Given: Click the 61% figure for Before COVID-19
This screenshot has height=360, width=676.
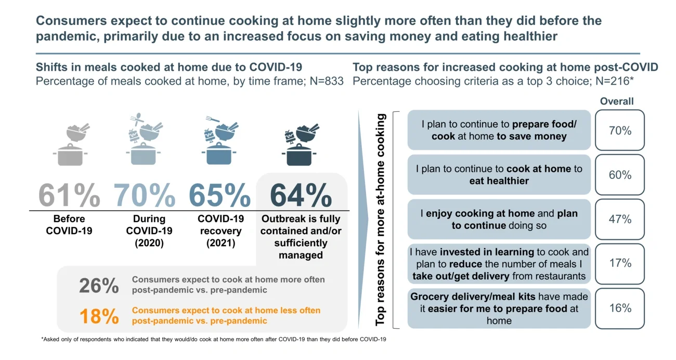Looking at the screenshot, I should coord(69,195).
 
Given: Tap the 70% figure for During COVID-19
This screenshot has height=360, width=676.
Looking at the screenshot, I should coord(145,195).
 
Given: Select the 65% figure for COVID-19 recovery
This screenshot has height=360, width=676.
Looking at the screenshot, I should coord(219,195).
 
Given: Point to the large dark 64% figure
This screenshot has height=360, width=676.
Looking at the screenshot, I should coord(301,195).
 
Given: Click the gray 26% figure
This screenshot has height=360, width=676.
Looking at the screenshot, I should coord(99,286).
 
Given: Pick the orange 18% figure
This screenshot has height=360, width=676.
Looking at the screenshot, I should coord(99,316).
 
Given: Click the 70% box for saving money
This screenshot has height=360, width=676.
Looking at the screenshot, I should coord(619,131).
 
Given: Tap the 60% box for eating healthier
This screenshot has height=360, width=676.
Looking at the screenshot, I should coord(619,175).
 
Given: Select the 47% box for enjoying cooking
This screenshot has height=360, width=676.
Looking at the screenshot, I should coord(619,219).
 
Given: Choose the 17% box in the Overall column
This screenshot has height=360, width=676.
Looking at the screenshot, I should coord(619,263).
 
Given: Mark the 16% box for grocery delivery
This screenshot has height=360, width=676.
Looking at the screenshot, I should coord(619,308).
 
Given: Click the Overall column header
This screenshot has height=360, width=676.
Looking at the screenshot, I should coord(617,101).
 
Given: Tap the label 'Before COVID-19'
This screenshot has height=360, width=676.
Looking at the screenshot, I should coord(69,224).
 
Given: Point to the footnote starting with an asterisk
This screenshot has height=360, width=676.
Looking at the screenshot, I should coord(213,339).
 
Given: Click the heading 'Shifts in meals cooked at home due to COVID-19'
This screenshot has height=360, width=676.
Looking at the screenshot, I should coord(169,67).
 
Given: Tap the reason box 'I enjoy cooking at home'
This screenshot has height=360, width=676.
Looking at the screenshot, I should coord(499,219).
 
